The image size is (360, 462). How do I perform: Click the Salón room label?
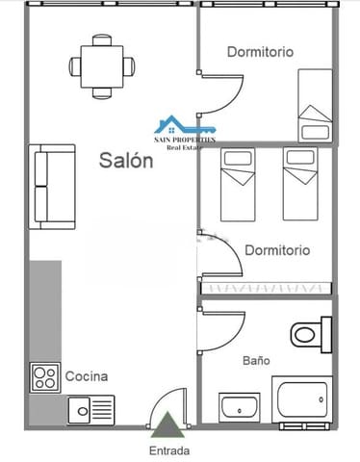point(126,162)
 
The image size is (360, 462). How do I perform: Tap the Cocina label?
point(87,376)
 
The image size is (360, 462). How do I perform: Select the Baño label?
point(255,361)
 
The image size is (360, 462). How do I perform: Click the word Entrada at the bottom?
point(169,449)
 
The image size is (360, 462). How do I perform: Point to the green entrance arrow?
point(169,423)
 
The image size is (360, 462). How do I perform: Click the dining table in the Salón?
point(101,65)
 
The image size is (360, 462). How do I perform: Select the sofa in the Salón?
point(53,187)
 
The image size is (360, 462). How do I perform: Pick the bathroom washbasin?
point(240,408)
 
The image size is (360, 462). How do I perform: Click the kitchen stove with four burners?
point(44,376)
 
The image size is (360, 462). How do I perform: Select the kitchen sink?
point(90,410)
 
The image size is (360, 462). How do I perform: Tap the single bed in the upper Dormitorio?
point(315,107)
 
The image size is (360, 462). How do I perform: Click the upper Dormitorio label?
point(260,52)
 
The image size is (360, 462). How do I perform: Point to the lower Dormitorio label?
point(277,250)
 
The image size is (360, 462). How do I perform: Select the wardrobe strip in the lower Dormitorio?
point(266,288)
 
